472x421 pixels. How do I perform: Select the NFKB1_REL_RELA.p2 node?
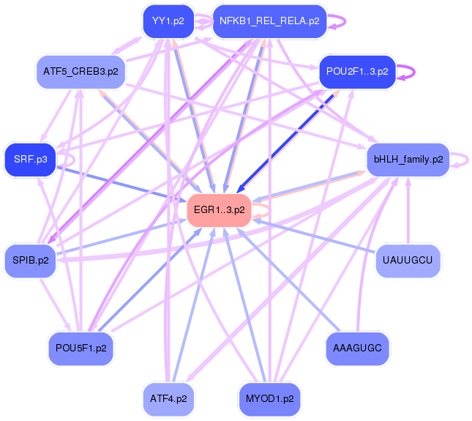click(269, 21)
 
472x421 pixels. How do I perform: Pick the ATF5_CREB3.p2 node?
click(81, 72)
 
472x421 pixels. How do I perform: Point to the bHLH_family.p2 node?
click(408, 160)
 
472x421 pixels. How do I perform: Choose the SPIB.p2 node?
click(31, 261)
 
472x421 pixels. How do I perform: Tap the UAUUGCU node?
click(408, 261)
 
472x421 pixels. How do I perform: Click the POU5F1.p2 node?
click(81, 349)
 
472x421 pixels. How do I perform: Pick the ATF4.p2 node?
click(169, 400)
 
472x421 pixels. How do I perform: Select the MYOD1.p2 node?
click(269, 400)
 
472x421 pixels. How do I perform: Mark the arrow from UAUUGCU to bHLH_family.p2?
click(408, 212)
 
